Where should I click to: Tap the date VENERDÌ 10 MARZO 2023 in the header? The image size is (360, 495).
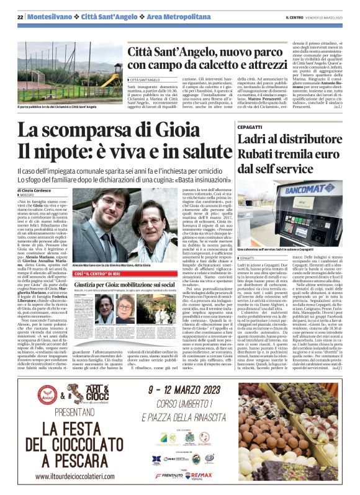point(330,16)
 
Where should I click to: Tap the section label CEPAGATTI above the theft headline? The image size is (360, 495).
point(250,127)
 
